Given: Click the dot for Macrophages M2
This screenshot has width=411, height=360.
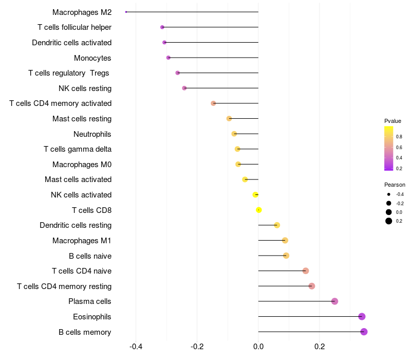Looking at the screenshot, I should tap(126, 12).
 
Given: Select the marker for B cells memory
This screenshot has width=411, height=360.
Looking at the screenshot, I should tap(364, 332).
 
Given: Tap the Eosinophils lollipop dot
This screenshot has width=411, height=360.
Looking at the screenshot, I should tap(362, 317).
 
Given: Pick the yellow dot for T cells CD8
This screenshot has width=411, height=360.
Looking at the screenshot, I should tap(259, 210).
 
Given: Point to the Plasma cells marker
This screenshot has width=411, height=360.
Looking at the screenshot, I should tap(335, 301).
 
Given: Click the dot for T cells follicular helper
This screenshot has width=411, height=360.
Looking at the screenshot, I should tap(162, 27).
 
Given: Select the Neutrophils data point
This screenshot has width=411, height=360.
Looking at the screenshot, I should tap(234, 134).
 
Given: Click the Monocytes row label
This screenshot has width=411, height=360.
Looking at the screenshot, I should tap(92, 58).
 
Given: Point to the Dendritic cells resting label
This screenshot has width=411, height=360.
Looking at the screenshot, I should tap(76, 225).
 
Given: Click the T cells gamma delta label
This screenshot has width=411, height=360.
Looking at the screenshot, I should tap(78, 149).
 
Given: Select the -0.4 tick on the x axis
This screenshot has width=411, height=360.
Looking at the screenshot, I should tap(136, 347).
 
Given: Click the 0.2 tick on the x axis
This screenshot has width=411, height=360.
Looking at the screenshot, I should tap(320, 347).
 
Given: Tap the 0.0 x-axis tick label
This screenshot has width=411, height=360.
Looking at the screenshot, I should tap(258, 347).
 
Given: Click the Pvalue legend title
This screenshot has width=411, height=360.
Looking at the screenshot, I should tap(393, 121).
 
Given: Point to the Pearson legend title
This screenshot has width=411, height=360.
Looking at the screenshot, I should tap(395, 185).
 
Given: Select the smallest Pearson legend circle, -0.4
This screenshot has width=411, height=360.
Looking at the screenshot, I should tap(389, 194).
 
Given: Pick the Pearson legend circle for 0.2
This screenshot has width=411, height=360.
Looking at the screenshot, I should tap(389, 221).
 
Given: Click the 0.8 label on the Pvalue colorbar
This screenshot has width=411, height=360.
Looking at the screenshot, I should tap(399, 137).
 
